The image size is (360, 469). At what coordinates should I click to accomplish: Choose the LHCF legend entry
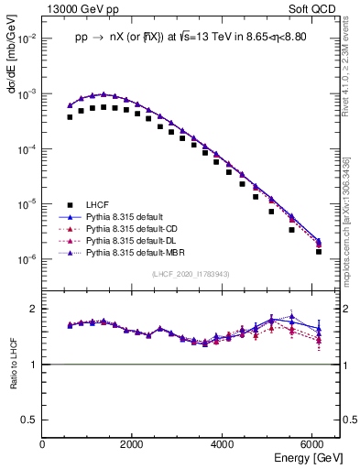pos(98,204)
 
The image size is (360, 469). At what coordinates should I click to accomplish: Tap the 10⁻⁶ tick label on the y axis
pos(27,259)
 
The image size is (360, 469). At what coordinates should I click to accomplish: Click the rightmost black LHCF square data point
pos(319,251)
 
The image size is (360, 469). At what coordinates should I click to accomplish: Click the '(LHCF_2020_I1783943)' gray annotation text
pos(191,274)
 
